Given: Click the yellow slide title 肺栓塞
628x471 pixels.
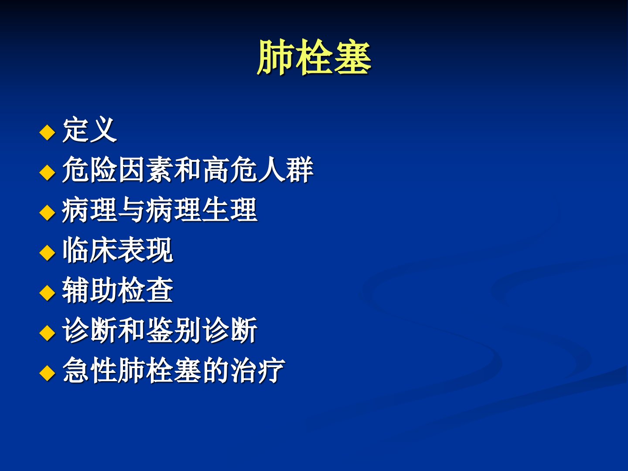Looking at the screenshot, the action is pyautogui.click(x=314, y=57).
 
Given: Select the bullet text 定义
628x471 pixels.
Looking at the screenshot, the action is pyautogui.click(x=89, y=130).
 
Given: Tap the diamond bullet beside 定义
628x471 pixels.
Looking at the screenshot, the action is pyautogui.click(x=47, y=132).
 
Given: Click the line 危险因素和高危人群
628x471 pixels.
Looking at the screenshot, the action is pyautogui.click(x=188, y=170).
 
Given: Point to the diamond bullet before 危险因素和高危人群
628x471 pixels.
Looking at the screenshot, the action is pyautogui.click(x=47, y=172).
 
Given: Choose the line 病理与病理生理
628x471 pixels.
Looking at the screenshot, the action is pyautogui.click(x=160, y=210).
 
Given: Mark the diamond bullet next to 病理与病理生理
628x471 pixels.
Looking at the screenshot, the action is pyautogui.click(x=47, y=212).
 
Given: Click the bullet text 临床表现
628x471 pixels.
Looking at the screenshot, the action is pyautogui.click(x=118, y=250).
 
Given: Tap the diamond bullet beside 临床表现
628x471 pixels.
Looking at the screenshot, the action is pyautogui.click(x=47, y=253).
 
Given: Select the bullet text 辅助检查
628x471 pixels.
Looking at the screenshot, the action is pyautogui.click(x=118, y=290).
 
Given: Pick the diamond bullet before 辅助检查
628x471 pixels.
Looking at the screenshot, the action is pyautogui.click(x=47, y=293).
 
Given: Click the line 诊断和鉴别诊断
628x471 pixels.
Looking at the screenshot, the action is pyautogui.click(x=160, y=330).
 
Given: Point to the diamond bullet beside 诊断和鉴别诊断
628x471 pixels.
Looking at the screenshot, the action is pyautogui.click(x=47, y=333).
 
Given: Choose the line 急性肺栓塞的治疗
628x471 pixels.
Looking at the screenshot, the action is pyautogui.click(x=174, y=370).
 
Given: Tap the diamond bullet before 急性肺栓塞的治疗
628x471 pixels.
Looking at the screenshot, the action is pyautogui.click(x=47, y=373).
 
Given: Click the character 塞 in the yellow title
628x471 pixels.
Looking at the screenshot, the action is pyautogui.click(x=353, y=57).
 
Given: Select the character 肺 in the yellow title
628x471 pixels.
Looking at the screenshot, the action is pyautogui.click(x=275, y=57).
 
